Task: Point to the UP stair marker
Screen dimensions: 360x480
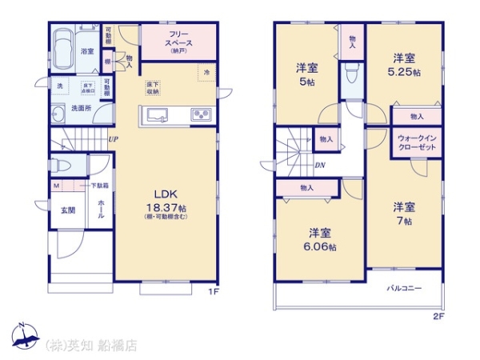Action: click(112, 140)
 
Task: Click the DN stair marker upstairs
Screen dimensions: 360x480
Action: click(319, 166)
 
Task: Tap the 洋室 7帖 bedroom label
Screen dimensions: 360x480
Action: click(403, 214)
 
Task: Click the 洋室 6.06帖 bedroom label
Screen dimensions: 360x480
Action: click(321, 239)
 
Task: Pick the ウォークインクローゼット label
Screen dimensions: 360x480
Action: click(416, 143)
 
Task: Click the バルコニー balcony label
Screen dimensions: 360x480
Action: click(405, 286)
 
